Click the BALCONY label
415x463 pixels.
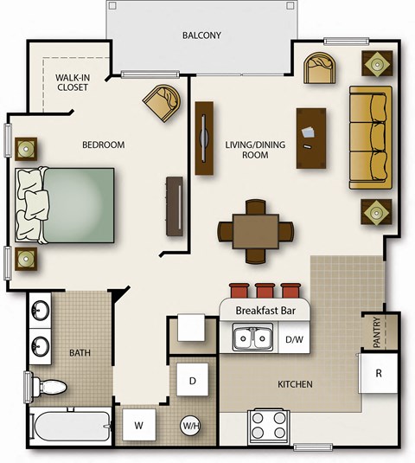(201, 35)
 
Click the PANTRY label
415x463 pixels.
(377, 333)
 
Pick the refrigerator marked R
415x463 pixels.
(379, 373)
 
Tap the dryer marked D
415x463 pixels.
(191, 380)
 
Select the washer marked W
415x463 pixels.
(138, 425)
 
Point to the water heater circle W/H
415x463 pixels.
(191, 425)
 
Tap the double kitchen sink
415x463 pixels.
(252, 338)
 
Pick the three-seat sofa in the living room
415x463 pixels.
(369, 137)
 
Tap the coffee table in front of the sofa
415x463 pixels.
(311, 138)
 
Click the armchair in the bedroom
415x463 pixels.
(163, 103)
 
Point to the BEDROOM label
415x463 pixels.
(104, 145)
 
